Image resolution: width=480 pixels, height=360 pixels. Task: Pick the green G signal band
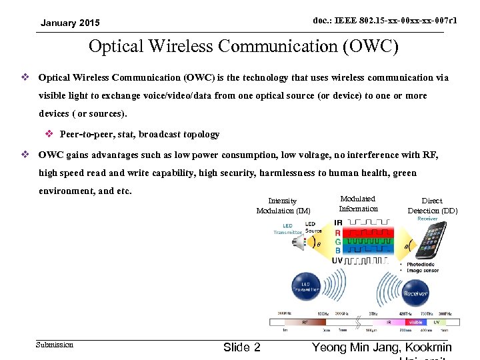pos(366,241)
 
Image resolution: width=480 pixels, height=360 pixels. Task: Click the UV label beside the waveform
pos(337,260)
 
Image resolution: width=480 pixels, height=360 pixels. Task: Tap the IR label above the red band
pos(338,223)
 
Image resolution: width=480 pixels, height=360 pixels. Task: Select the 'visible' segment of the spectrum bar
pos(415,321)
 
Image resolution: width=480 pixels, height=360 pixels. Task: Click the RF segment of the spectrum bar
pos(305,321)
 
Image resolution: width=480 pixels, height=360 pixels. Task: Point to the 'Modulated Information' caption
pos(358,203)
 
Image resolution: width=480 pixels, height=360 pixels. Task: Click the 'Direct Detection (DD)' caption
pos(432,205)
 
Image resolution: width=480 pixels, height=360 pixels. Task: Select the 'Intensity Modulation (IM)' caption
pos(283,205)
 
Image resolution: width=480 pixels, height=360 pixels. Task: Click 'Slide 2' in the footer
pos(242,347)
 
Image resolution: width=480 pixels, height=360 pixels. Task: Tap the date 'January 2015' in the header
pos(70,23)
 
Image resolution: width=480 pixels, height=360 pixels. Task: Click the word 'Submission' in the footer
pos(55,345)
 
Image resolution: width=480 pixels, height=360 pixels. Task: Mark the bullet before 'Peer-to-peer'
pos(50,134)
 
